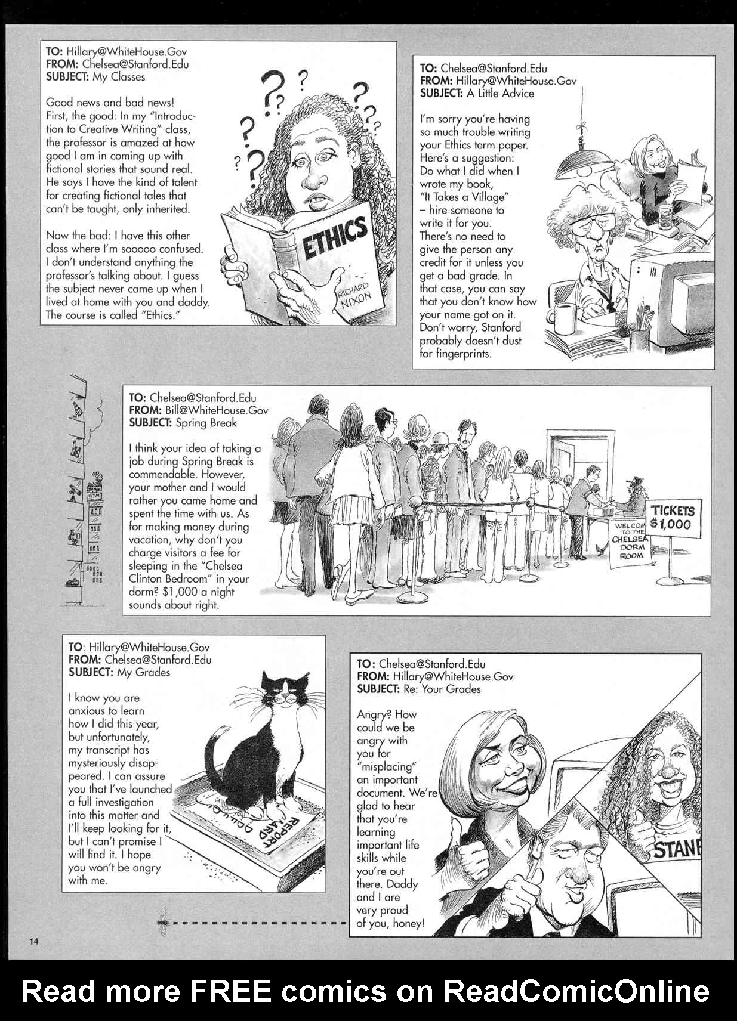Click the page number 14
point(33,941)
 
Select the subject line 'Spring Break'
point(206,423)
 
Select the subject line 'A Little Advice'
point(500,94)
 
